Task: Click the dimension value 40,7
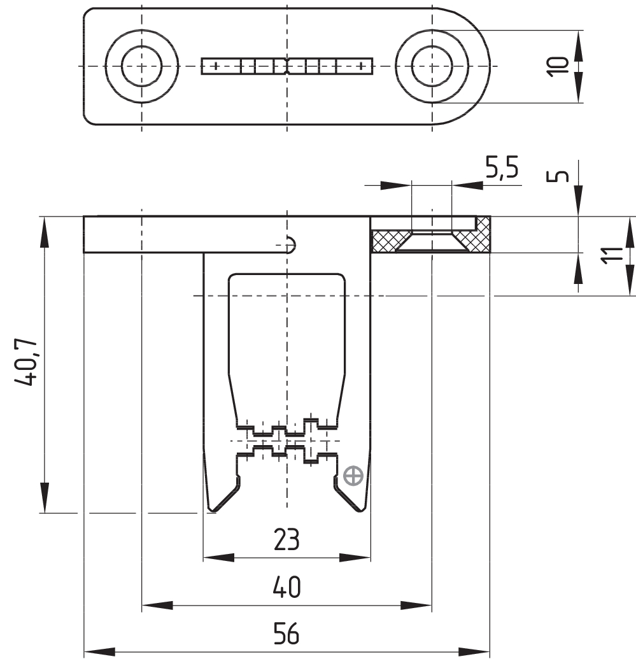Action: pyautogui.click(x=28, y=364)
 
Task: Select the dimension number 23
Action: pyautogui.click(x=286, y=540)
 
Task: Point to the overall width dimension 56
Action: pyautogui.click(x=286, y=635)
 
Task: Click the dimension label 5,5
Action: pyautogui.click(x=502, y=169)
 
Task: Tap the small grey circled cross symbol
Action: pyautogui.click(x=352, y=475)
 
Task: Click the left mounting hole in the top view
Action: pyautogui.click(x=141, y=66)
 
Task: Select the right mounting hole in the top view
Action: pyautogui.click(x=432, y=66)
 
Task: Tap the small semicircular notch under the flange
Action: pyautogui.click(x=291, y=244)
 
